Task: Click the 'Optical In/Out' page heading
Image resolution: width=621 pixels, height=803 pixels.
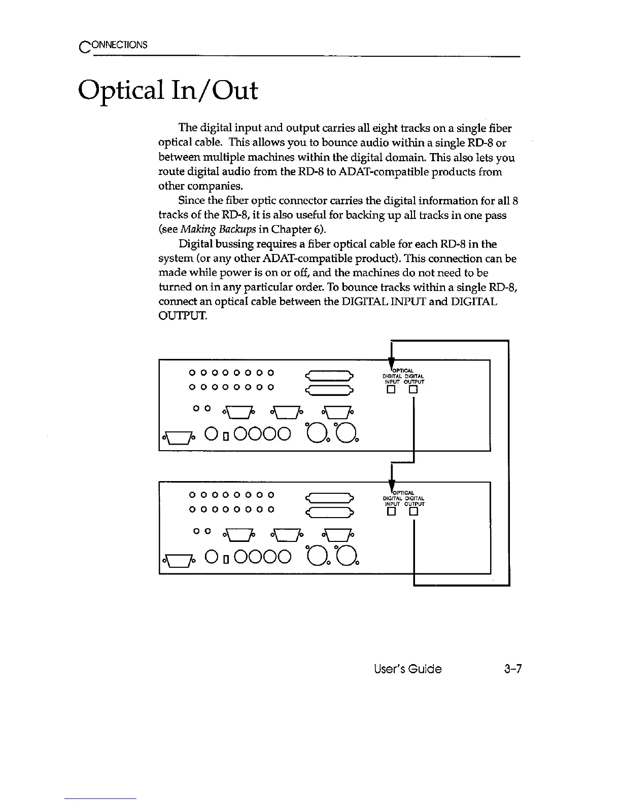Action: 168,92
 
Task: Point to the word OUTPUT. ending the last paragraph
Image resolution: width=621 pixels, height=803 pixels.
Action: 183,317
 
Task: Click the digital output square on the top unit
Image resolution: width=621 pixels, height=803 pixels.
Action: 414,390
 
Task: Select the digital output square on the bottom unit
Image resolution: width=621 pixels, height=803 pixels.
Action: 414,512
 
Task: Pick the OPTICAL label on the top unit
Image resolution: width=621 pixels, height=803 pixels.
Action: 404,369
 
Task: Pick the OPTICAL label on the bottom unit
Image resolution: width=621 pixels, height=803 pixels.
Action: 404,492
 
